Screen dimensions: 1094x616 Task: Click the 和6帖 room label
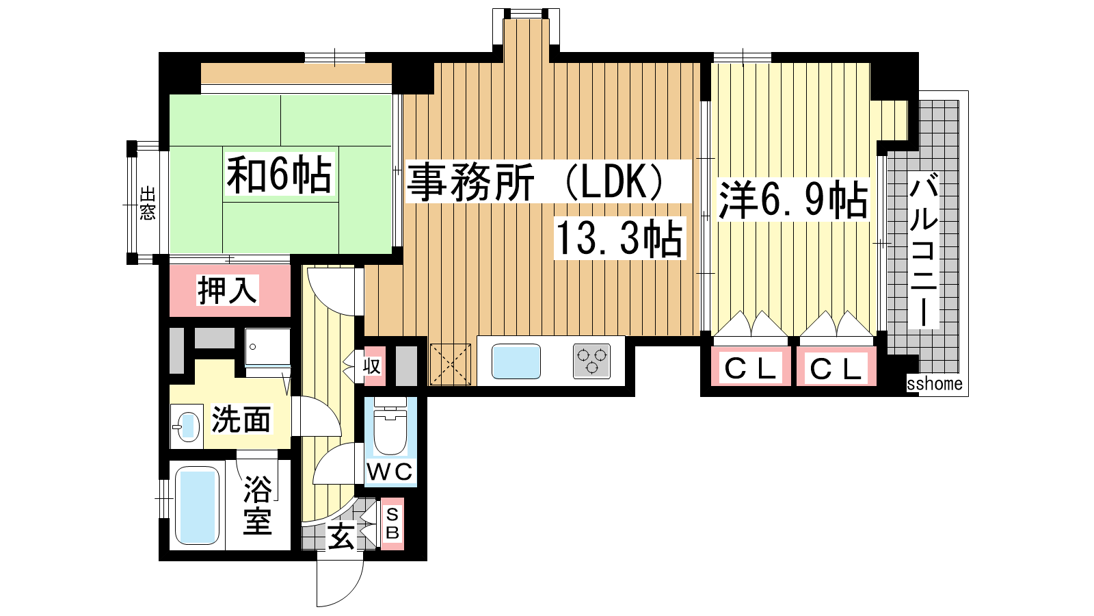coord(279,175)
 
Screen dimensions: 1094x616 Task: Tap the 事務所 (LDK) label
coord(536,182)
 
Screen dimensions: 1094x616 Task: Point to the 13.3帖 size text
coord(619,239)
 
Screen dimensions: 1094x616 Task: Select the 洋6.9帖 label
coord(792,199)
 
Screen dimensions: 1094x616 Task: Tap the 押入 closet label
coord(227,290)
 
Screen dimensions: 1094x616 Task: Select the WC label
coord(390,472)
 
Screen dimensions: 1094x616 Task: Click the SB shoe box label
coord(392,523)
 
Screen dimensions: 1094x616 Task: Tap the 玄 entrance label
coord(341,536)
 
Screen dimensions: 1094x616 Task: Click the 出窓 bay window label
coord(148,203)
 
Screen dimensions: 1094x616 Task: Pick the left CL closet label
coord(751,368)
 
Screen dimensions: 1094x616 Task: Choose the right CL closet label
coord(836,369)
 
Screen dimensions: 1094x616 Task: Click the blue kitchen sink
coord(516,361)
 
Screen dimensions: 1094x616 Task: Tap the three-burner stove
coord(591,361)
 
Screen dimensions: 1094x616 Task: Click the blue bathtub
coord(197,506)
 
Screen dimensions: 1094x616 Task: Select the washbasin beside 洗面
coord(187,427)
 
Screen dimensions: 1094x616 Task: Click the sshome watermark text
coord(935,384)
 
